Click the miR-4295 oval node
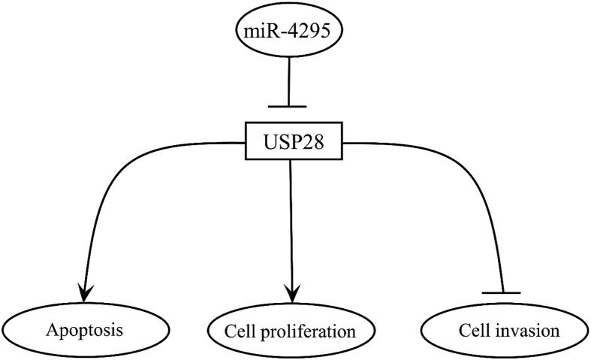click(290, 33)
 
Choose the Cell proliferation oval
click(290, 331)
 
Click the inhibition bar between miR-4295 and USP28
click(290, 107)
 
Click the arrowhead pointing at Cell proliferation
click(290, 289)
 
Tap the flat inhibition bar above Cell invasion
click(501, 292)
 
